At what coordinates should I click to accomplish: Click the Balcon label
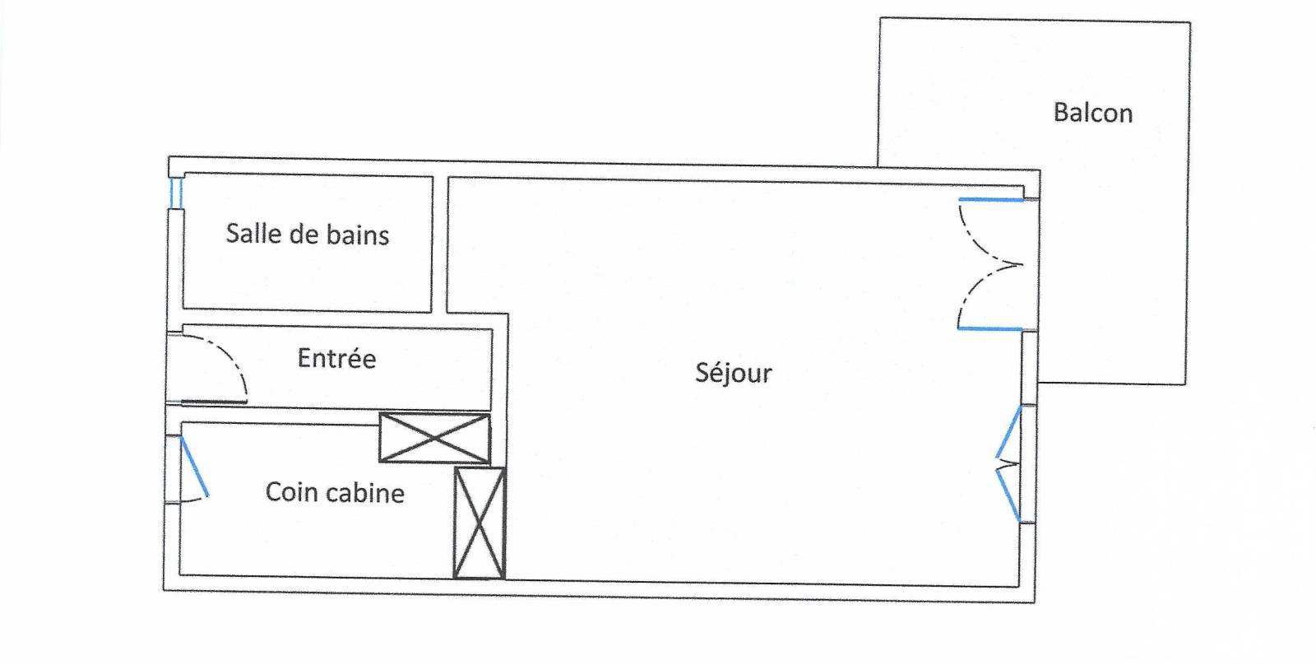point(1093,113)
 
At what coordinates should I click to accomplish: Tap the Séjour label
point(734,373)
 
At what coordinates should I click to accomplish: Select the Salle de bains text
point(308,235)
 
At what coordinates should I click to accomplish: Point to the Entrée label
point(336,358)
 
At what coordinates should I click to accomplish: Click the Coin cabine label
point(335,492)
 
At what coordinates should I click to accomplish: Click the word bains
point(357,235)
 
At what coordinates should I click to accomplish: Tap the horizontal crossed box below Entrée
point(434,438)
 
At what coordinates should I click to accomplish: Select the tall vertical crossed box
point(479,523)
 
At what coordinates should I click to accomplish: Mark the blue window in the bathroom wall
point(175,193)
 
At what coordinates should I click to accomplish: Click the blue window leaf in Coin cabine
point(194,467)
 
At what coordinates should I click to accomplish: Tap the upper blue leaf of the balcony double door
point(991,200)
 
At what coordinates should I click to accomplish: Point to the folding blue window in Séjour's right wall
point(1008,465)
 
